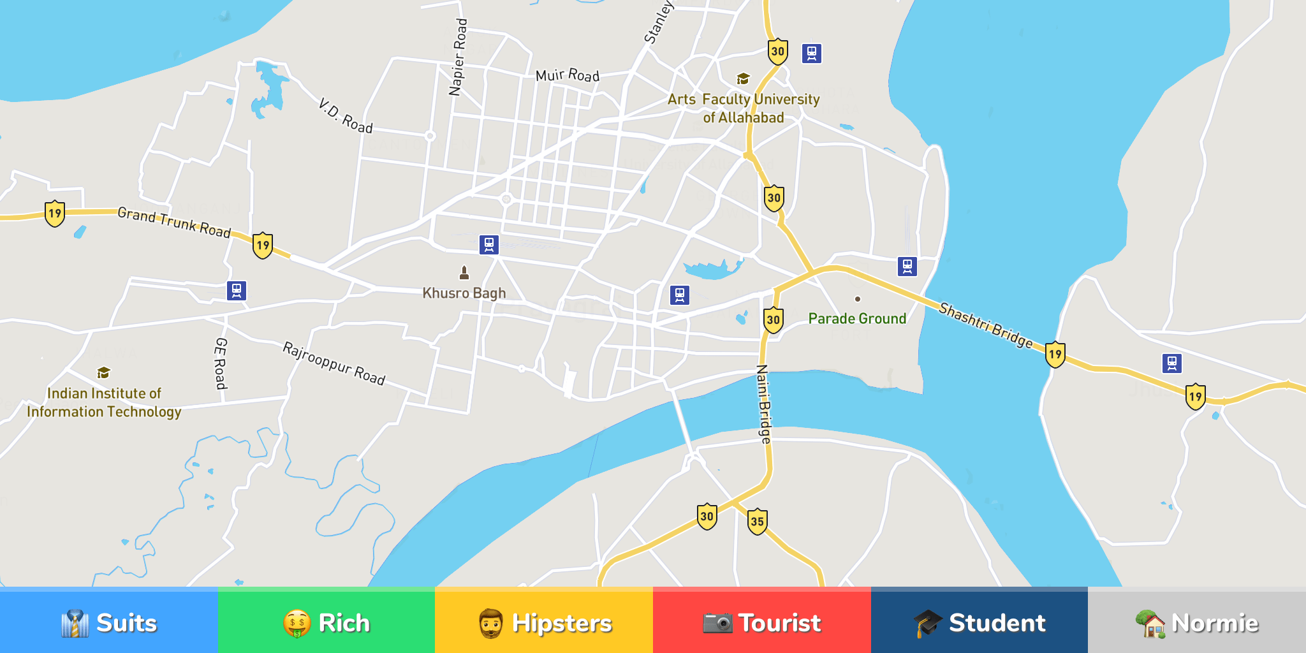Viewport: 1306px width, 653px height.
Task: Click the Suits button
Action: [109, 622]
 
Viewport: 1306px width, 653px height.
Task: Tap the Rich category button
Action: [326, 622]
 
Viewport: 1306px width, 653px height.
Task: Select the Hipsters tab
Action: [544, 622]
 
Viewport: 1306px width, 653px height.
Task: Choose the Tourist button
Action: [762, 622]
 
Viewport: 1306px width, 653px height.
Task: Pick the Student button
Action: [979, 622]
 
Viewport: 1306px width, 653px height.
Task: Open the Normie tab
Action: [1197, 622]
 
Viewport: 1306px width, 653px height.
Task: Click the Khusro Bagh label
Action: [464, 293]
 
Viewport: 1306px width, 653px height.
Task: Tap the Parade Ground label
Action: [857, 319]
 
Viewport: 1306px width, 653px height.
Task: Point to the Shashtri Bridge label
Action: [986, 325]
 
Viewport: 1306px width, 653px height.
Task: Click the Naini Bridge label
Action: [764, 404]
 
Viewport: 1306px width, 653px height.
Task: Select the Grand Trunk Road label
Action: [174, 223]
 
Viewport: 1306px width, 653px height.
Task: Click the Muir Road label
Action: [568, 76]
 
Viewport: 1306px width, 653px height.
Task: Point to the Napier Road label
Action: [459, 57]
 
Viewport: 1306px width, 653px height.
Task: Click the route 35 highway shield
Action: [757, 522]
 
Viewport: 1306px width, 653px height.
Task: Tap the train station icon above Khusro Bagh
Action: [489, 244]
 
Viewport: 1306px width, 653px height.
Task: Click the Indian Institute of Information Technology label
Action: [104, 402]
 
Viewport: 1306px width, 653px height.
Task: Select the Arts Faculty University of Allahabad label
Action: [744, 108]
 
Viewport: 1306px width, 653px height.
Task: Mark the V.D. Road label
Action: [345, 116]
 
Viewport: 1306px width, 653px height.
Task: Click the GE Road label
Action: [221, 363]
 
